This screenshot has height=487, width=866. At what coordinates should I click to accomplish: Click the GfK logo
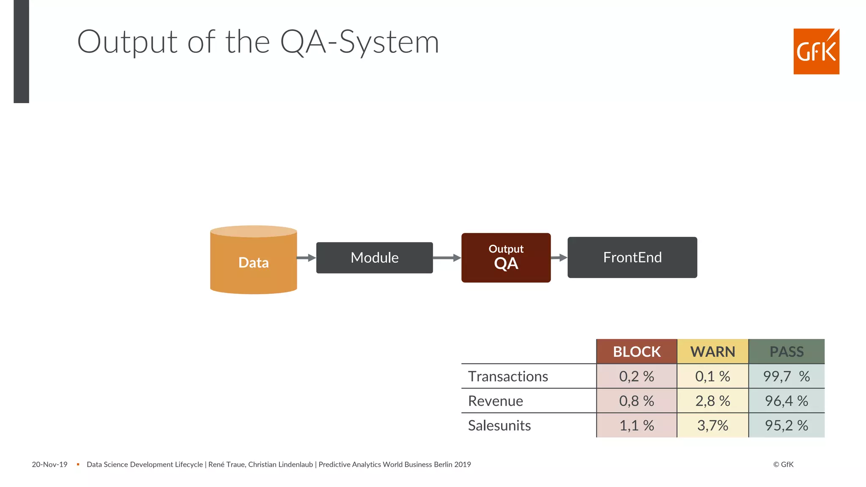[816, 51]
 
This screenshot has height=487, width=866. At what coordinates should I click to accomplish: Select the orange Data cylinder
[253, 262]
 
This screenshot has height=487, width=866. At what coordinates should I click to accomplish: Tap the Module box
[374, 257]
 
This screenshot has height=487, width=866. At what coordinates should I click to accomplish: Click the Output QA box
[506, 257]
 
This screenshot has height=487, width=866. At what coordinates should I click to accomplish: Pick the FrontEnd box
[632, 257]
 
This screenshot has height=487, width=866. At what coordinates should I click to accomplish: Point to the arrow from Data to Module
[306, 257]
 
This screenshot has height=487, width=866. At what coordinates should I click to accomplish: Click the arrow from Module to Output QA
[447, 257]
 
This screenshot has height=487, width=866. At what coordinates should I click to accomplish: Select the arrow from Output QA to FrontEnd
[559, 257]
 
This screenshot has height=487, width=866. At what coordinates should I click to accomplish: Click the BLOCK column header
[636, 351]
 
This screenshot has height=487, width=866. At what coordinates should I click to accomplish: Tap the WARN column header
[713, 351]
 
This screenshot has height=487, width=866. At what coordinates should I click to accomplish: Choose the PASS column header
[787, 351]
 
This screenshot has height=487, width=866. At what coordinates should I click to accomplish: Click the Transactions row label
[508, 376]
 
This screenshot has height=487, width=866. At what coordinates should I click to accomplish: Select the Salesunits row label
[499, 425]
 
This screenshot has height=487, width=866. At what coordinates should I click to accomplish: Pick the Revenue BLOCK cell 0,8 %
[636, 401]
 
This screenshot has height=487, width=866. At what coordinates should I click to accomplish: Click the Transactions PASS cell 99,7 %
[787, 376]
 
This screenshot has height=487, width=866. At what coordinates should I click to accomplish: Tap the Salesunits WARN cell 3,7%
[713, 425]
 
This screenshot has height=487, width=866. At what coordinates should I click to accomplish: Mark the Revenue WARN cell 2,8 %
[713, 401]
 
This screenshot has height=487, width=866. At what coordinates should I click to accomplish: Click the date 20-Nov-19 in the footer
[49, 464]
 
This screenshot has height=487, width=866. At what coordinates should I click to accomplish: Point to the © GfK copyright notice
[783, 464]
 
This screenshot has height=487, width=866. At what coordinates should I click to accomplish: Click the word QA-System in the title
[359, 42]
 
